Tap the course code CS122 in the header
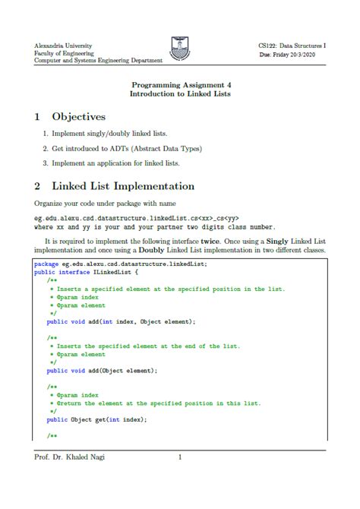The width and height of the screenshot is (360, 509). [x=270, y=46]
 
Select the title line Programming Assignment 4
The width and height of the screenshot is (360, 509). [x=179, y=85]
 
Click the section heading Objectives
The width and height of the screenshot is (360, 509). [x=78, y=117]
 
